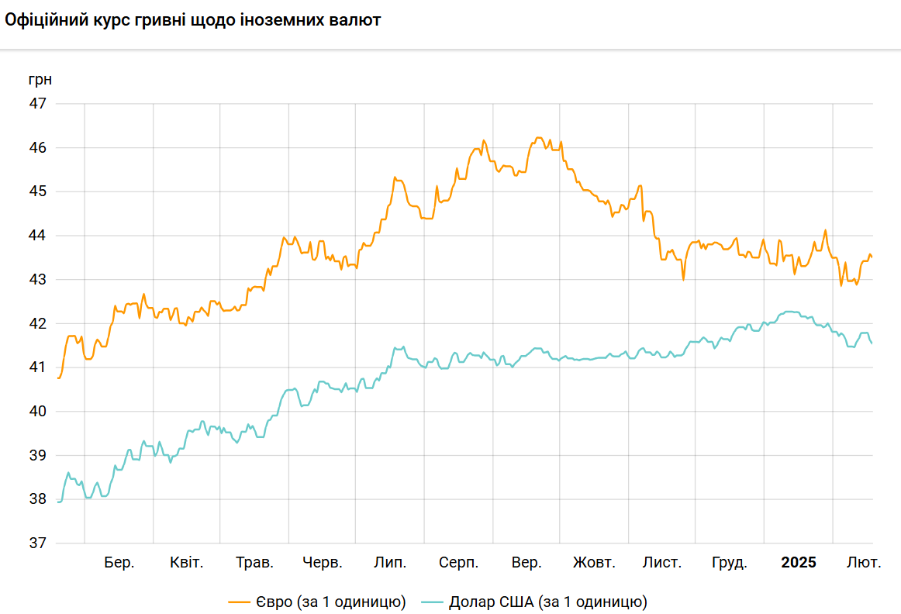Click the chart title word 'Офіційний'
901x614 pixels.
(x=43, y=21)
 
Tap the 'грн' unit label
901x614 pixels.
(x=40, y=79)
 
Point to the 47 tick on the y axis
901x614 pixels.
(x=38, y=104)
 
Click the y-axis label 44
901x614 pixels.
(x=38, y=236)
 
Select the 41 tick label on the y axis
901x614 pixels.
(x=38, y=367)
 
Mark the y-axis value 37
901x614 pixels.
(x=38, y=543)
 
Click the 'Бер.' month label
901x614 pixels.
(x=119, y=563)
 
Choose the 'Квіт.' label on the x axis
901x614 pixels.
(x=187, y=563)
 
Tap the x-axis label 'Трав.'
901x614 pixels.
(x=254, y=563)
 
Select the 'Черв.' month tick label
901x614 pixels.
(x=323, y=563)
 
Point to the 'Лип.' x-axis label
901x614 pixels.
(x=390, y=563)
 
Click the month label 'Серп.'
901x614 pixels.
(x=458, y=563)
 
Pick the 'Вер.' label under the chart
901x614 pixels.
(x=527, y=563)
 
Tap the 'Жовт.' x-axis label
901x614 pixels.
(x=594, y=563)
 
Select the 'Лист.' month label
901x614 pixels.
(x=662, y=563)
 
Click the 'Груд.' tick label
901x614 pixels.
(x=730, y=563)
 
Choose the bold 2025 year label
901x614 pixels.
(x=799, y=563)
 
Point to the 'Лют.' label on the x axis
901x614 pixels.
(x=863, y=563)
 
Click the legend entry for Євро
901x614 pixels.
(x=317, y=602)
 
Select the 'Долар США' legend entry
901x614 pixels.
(x=535, y=602)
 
